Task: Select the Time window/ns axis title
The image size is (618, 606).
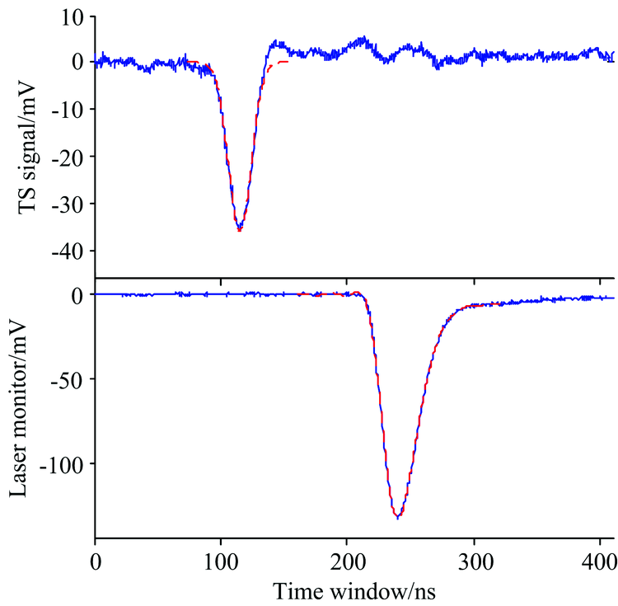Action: [354, 590]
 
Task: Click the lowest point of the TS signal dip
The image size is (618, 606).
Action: [239, 230]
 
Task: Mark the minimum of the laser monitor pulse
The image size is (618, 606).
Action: [397, 518]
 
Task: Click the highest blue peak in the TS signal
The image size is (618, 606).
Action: [363, 37]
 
